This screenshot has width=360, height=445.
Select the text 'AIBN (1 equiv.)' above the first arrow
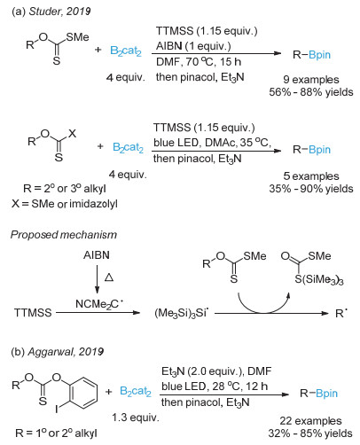point(193,46)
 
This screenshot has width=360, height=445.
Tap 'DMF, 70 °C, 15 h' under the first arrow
point(199,62)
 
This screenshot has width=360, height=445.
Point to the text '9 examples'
point(311,80)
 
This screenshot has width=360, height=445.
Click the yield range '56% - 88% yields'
point(311,92)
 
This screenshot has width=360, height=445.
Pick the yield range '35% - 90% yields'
point(311,189)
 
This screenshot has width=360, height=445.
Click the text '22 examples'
point(310,420)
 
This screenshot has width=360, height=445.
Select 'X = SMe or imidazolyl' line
point(65,204)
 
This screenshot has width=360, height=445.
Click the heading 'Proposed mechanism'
point(64,235)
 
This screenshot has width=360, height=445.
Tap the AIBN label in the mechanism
point(97,255)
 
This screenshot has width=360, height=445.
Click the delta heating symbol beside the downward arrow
point(109,277)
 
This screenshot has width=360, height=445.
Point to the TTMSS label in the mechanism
point(33,313)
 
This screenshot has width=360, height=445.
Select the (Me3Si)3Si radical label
point(182,313)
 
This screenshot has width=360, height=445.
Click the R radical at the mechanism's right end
point(341,313)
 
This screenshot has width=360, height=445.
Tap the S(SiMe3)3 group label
point(319,279)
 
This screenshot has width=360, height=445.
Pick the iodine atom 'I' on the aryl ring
point(56,410)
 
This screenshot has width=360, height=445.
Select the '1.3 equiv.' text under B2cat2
point(136,418)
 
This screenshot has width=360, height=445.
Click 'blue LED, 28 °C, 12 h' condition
point(215,386)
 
